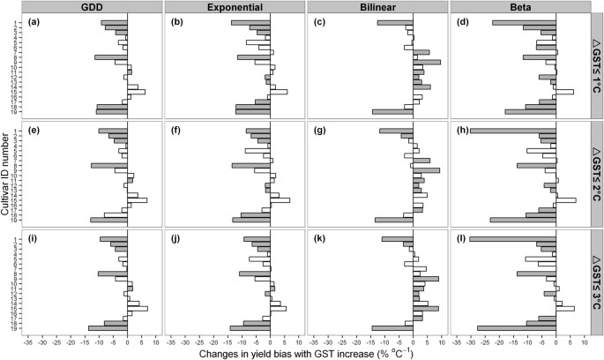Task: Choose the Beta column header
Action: tap(520, 6)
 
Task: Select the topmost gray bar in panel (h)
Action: tap(512, 131)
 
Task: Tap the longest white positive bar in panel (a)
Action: tap(137, 91)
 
